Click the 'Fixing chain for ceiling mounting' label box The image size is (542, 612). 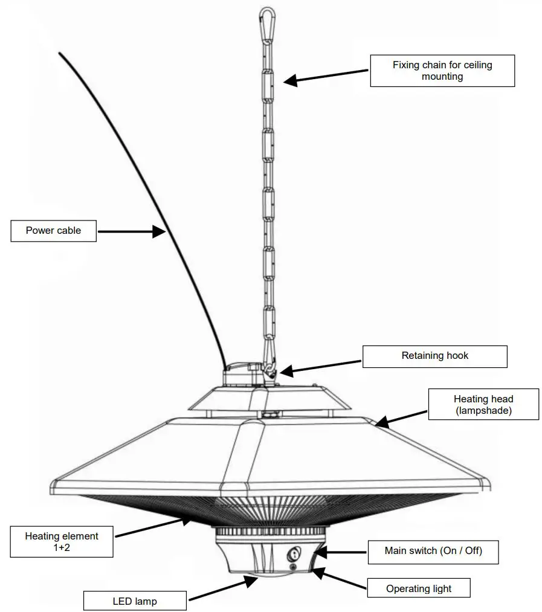point(442,71)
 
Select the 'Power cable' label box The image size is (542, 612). point(53,230)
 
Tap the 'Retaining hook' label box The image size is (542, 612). point(434,356)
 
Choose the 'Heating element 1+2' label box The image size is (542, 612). point(61,541)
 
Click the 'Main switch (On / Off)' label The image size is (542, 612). point(433,550)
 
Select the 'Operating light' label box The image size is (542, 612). point(419,588)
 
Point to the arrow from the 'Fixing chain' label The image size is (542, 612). point(326,75)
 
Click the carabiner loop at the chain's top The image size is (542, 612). point(266,22)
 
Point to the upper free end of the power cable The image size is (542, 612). point(60,54)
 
